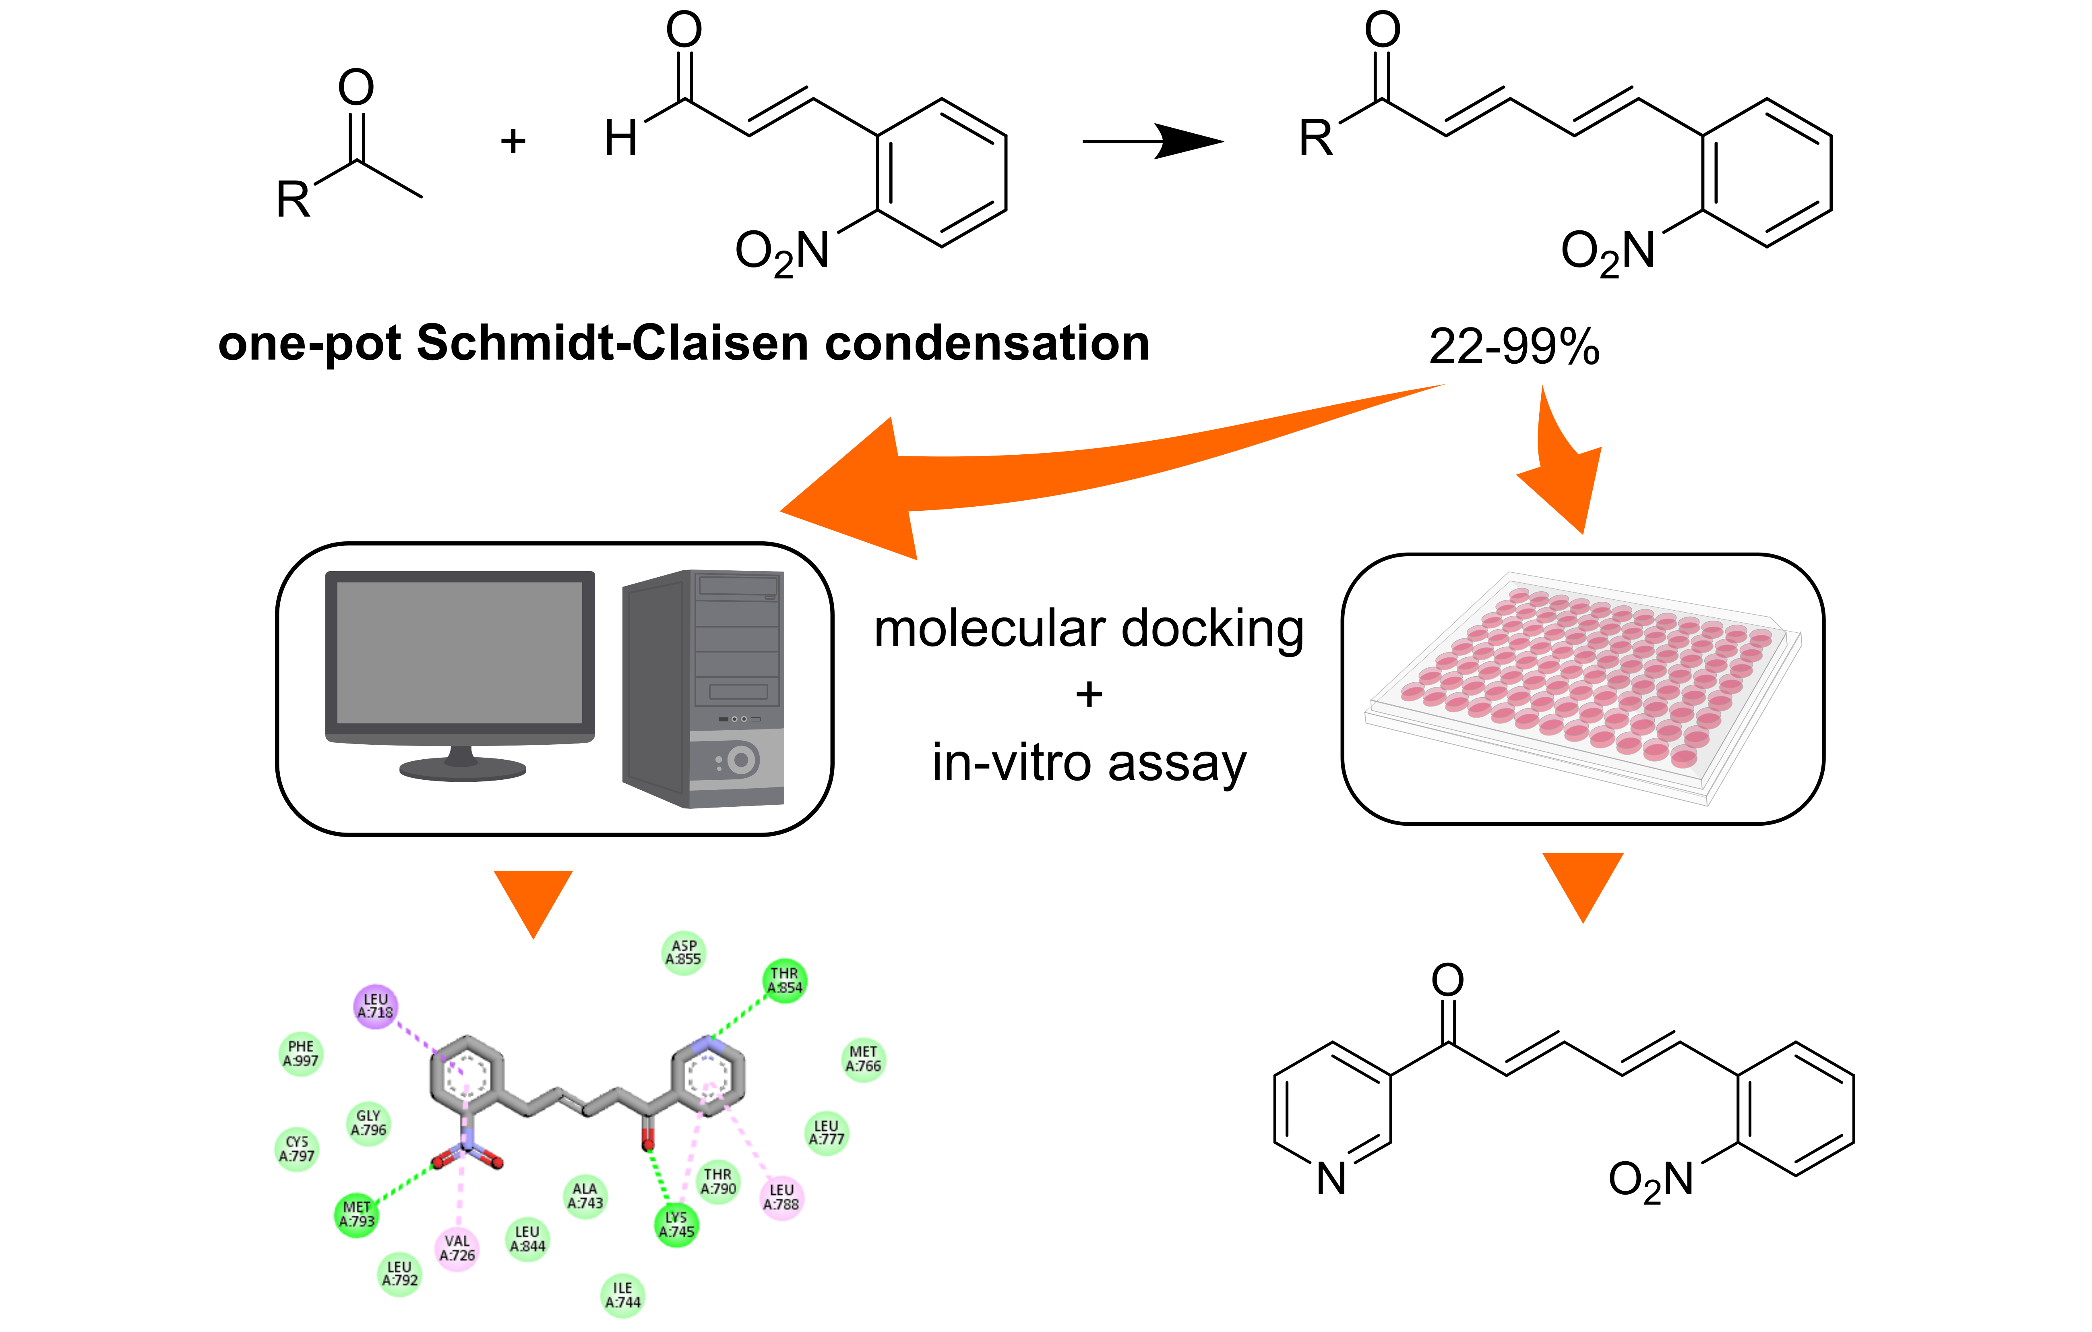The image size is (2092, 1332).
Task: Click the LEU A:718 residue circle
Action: (375, 1006)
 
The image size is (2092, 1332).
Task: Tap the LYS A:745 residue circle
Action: (676, 1224)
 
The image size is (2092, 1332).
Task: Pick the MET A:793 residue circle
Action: (356, 1214)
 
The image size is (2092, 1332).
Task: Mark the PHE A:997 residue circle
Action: (301, 1053)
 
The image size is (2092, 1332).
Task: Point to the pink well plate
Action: (1581, 682)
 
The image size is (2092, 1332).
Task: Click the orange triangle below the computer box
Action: (533, 899)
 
